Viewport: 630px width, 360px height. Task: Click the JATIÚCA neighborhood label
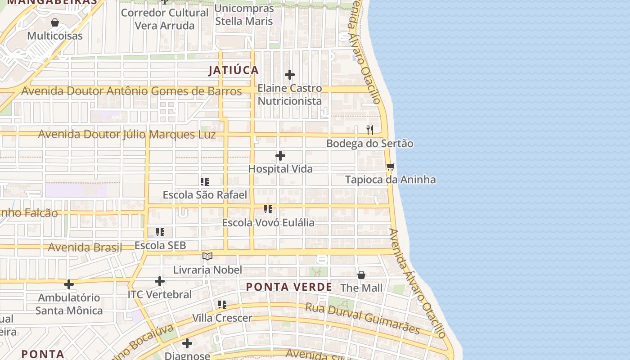[234, 70]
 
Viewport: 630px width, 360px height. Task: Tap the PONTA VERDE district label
[289, 287]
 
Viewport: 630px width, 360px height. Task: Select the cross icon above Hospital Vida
[280, 156]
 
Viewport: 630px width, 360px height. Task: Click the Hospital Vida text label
[280, 169]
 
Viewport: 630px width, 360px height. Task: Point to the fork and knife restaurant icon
[370, 130]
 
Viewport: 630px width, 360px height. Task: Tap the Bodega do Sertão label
[369, 144]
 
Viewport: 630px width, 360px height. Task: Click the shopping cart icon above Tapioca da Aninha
[390, 167]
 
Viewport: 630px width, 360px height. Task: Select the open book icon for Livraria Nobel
[207, 256]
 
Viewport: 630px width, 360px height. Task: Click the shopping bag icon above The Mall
[361, 275]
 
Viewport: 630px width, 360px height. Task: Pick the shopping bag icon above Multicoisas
[55, 22]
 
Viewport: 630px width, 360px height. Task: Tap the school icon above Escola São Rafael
[205, 182]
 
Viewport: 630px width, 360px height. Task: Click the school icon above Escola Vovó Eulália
[268, 209]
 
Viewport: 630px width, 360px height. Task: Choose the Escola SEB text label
[160, 246]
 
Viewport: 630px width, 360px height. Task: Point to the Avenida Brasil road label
[85, 247]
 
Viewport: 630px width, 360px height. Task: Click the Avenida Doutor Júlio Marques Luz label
[127, 134]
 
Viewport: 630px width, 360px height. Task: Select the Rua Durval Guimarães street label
[363, 319]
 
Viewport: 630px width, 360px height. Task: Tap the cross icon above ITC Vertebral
[160, 281]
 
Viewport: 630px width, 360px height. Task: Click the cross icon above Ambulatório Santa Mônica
[69, 284]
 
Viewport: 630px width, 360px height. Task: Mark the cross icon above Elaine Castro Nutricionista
[290, 75]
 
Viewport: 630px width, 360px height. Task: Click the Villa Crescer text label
[222, 318]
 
